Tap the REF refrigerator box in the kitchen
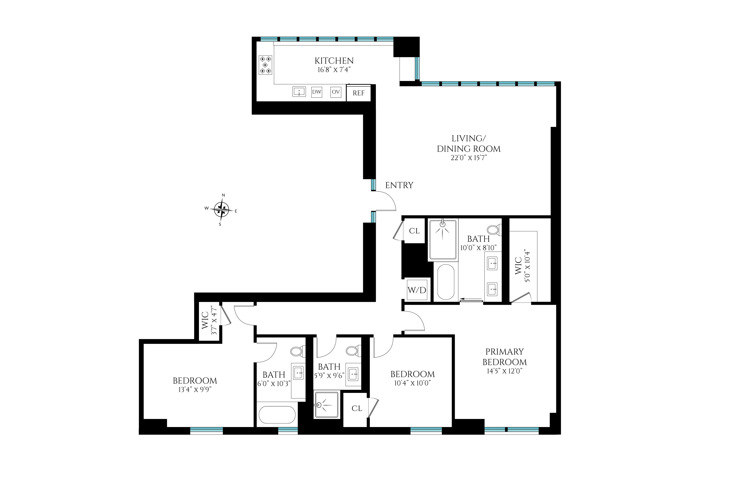[x=359, y=93]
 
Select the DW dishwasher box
[x=317, y=92]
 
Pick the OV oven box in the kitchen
[x=336, y=92]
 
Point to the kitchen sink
[x=299, y=92]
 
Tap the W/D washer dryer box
[x=417, y=290]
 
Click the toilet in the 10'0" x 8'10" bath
[x=493, y=230]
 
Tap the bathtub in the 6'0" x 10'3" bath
[x=277, y=414]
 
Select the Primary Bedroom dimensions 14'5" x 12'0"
[x=505, y=371]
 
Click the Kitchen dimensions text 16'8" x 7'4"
[x=334, y=70]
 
